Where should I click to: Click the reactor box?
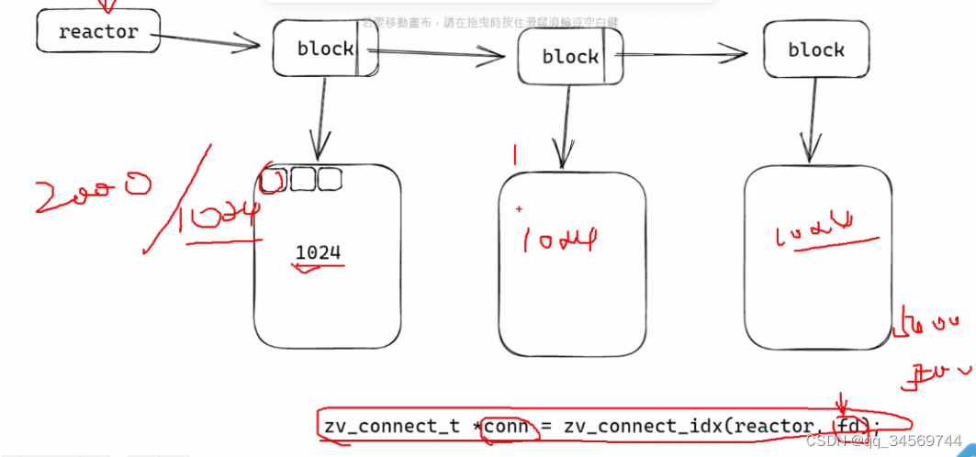(97, 31)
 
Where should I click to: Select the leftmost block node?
(325, 49)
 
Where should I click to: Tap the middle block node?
(570, 56)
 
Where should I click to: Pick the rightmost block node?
(815, 50)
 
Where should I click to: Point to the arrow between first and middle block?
(441, 54)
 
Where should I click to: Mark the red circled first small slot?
(274, 181)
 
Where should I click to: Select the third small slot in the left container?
(330, 180)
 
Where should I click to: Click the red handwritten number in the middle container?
(560, 240)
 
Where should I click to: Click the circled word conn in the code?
(507, 426)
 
